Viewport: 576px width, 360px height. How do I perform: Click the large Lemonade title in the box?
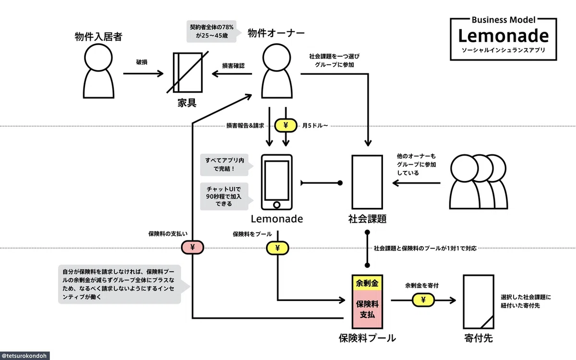[x=503, y=36]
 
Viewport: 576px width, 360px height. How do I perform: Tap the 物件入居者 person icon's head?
[x=98, y=57]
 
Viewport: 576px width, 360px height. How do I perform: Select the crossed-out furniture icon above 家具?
[x=188, y=72]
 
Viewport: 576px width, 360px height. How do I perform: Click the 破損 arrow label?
[x=142, y=62]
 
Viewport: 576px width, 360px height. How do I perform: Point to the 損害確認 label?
[x=233, y=66]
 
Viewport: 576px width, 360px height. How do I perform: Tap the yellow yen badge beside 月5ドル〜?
[x=286, y=125]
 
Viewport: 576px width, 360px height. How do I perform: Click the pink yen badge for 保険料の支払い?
[x=192, y=247]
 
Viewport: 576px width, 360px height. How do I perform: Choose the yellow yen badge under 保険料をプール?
[x=277, y=248]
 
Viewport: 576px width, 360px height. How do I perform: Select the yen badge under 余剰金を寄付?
[x=423, y=300]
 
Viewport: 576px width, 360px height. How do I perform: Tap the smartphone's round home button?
[x=276, y=205]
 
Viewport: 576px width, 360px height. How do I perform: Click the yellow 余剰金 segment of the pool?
[x=367, y=283]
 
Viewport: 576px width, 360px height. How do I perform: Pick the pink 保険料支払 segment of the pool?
[x=367, y=309]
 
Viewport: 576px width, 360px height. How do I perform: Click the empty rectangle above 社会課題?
[x=367, y=182]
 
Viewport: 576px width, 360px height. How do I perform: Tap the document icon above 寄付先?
[x=479, y=301]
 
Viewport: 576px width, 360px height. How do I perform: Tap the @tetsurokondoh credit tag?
[x=24, y=356]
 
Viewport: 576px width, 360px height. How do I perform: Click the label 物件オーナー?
[x=276, y=33]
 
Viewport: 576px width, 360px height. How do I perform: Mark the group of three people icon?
[x=479, y=181]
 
